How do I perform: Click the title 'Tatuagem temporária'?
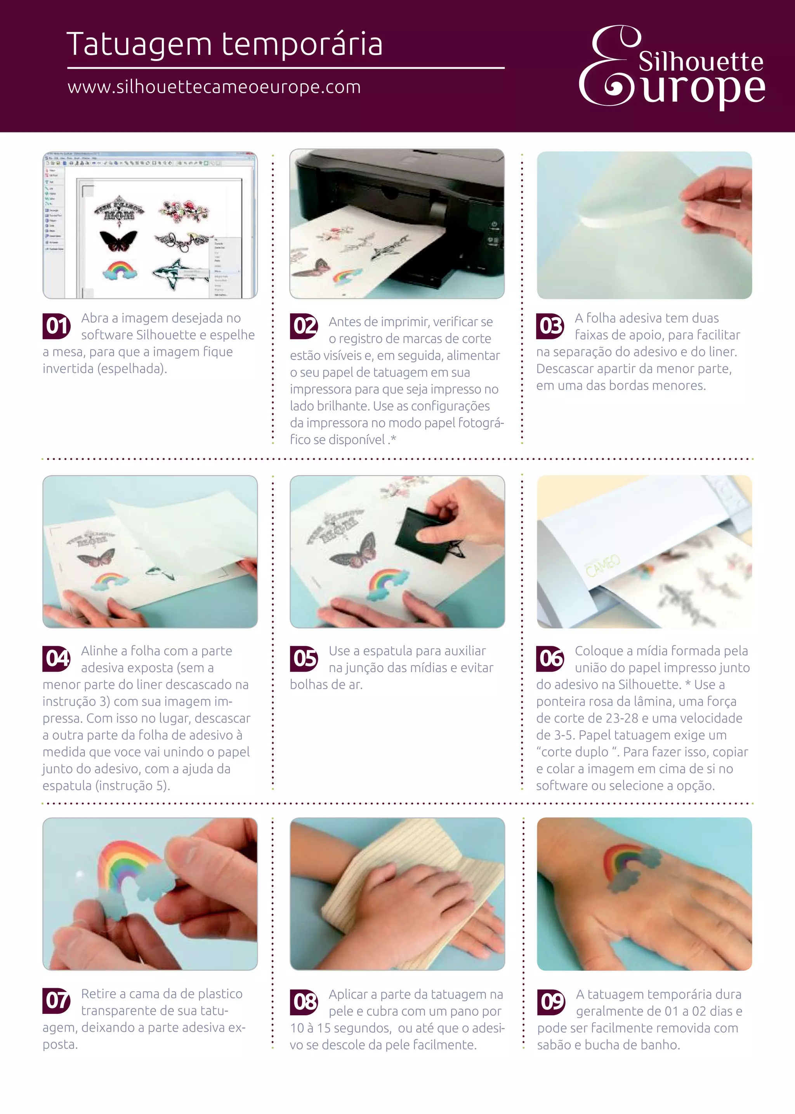pyautogui.click(x=224, y=45)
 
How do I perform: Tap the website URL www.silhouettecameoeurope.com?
pyautogui.click(x=214, y=87)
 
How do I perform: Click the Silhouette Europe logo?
pyautogui.click(x=672, y=67)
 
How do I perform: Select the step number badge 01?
pyautogui.click(x=57, y=326)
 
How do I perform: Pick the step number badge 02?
pyautogui.click(x=304, y=326)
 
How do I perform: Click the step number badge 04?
pyautogui.click(x=57, y=658)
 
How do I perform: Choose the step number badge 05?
pyautogui.click(x=304, y=658)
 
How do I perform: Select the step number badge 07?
pyautogui.click(x=57, y=1001)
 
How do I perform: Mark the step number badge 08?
pyautogui.click(x=304, y=1002)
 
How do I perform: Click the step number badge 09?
pyautogui.click(x=551, y=1002)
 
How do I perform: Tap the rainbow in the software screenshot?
pyautogui.click(x=120, y=270)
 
